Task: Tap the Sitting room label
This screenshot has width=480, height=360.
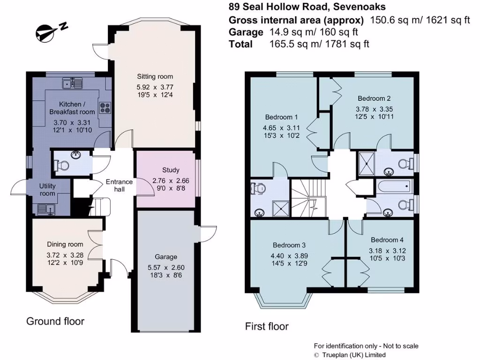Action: pos(155,76)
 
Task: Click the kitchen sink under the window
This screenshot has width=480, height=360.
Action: pos(73,84)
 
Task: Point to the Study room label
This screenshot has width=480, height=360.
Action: pos(171,170)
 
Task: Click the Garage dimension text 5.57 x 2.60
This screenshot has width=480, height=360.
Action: pos(166,268)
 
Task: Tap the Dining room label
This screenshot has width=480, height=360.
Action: pos(65,244)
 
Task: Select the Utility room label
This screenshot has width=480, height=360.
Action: pos(47,190)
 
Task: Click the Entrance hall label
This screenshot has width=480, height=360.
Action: pos(119,185)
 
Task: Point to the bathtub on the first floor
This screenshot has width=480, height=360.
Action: pos(394,186)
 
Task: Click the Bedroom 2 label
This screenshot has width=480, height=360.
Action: pos(374,98)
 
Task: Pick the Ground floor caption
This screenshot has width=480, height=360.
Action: pos(55,321)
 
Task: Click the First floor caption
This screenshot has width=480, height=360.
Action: pos(267,326)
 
